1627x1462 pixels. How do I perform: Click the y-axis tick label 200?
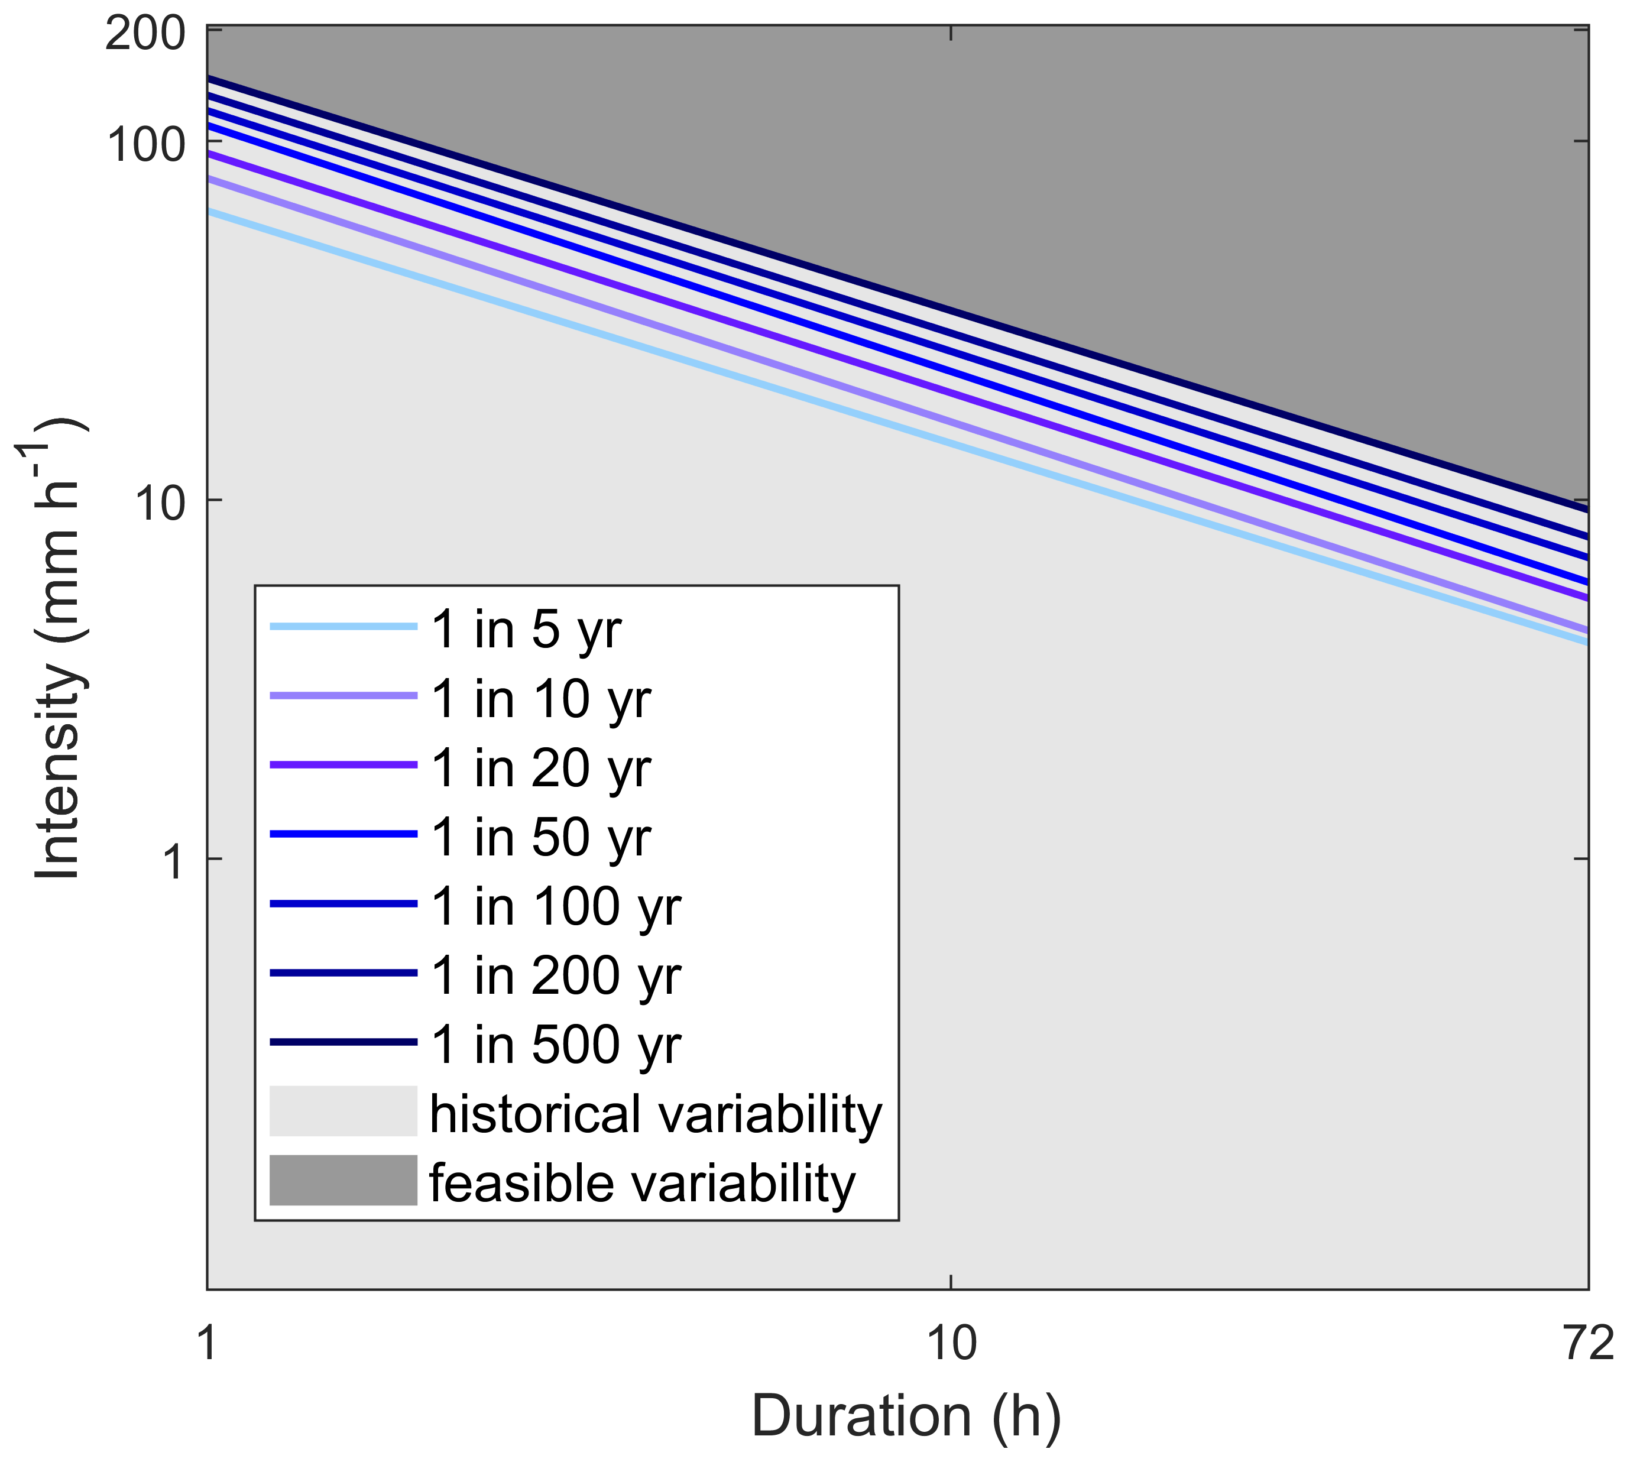coord(145,35)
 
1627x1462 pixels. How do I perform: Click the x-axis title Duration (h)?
coord(906,1415)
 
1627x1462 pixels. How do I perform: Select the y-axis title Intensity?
coord(58,651)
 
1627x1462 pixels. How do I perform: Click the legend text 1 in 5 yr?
coord(526,629)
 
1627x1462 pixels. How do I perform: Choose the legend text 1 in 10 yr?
coord(541,698)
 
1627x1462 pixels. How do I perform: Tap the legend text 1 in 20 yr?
coord(541,768)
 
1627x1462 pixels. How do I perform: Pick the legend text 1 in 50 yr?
coord(541,837)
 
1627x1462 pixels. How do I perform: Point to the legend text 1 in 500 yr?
coord(556,1044)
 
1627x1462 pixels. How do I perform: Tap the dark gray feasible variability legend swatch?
coord(343,1181)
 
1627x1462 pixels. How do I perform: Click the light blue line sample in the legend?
coord(343,627)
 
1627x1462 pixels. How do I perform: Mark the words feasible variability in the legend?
coord(643,1183)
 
